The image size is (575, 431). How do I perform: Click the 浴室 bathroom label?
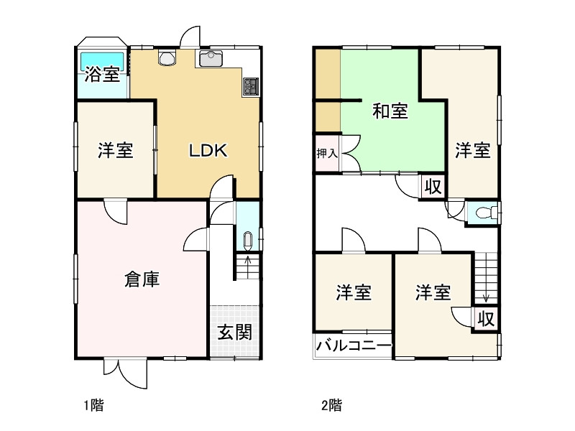pyautogui.click(x=102, y=74)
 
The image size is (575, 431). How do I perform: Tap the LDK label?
pyautogui.click(x=208, y=151)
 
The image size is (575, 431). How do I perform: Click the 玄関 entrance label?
pyautogui.click(x=234, y=333)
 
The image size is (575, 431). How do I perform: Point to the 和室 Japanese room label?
pyautogui.click(x=390, y=112)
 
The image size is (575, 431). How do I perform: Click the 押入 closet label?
pyautogui.click(x=327, y=154)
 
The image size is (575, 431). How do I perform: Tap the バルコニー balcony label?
pyautogui.click(x=354, y=346)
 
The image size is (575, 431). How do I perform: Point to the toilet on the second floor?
pyautogui.click(x=486, y=213)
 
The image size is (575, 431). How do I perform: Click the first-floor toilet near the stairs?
pyautogui.click(x=247, y=239)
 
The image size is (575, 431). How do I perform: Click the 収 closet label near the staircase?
pyautogui.click(x=485, y=318)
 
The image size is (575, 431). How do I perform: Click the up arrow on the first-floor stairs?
pyautogui.click(x=247, y=259)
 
